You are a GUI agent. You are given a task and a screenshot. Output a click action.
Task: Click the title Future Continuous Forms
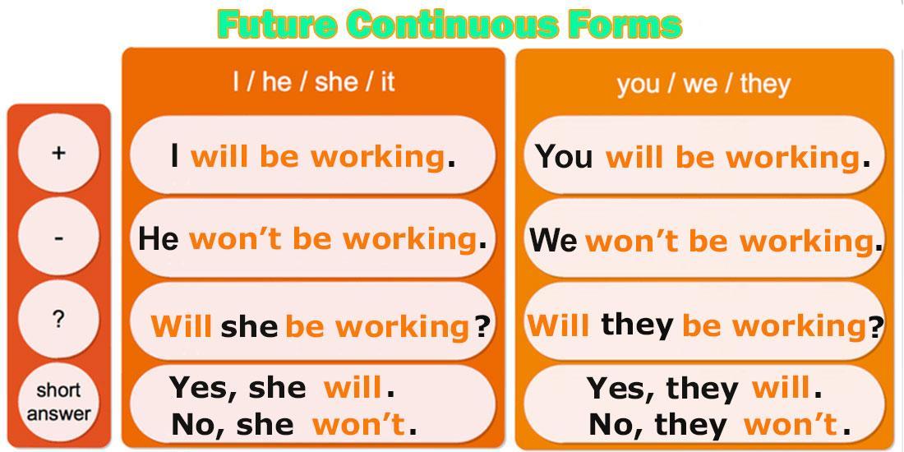click(x=450, y=24)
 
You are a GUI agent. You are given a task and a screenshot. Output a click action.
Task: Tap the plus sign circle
click(x=58, y=153)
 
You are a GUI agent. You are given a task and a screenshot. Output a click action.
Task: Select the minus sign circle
click(x=58, y=237)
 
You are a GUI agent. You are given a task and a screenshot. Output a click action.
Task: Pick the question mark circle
click(x=58, y=319)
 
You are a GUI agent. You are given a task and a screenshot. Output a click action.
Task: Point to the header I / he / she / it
click(x=314, y=82)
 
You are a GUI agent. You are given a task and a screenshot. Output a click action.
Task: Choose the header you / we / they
click(x=703, y=84)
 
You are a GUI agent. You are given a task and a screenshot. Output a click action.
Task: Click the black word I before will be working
click(x=174, y=156)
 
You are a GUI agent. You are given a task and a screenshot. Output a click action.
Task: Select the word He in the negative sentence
click(x=158, y=238)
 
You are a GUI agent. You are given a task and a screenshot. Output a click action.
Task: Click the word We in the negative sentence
click(x=554, y=239)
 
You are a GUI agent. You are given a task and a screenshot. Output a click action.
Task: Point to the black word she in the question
click(x=249, y=327)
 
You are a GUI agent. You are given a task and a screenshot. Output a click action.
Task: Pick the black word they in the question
click(x=637, y=326)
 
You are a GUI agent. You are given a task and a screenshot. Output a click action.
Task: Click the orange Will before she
click(x=182, y=326)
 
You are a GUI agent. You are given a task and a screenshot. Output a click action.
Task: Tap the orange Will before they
click(x=559, y=325)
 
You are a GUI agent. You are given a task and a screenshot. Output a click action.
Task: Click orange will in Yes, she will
click(x=353, y=387)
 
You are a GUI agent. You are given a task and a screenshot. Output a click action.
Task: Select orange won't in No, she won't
click(x=358, y=425)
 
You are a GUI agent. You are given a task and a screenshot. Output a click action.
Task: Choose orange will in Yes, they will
click(x=782, y=389)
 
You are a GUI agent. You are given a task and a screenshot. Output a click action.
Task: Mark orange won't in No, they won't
click(x=791, y=426)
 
